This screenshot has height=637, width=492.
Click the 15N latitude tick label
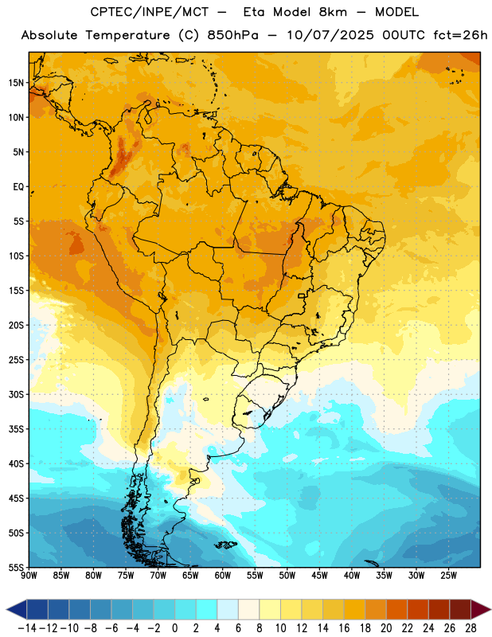click(x=16, y=83)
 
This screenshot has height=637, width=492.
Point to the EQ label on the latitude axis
click(x=18, y=187)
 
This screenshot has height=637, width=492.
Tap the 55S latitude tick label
click(x=16, y=567)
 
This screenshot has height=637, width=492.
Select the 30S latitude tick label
click(x=16, y=394)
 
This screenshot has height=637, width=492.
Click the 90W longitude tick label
click(x=29, y=576)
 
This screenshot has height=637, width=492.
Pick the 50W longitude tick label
click(x=287, y=576)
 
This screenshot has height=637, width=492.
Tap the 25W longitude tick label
click(x=448, y=576)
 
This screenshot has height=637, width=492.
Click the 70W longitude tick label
click(x=158, y=576)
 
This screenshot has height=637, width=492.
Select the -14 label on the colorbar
click(x=27, y=628)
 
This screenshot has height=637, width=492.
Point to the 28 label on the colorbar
click(x=471, y=628)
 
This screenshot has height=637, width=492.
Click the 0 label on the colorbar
click(x=174, y=628)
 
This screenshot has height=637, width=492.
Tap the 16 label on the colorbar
click(x=344, y=628)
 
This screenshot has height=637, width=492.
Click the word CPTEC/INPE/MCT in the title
click(x=150, y=12)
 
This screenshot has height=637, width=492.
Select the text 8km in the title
click(x=333, y=12)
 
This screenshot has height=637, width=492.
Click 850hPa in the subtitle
click(x=232, y=35)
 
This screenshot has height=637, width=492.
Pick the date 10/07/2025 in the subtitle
click(x=330, y=35)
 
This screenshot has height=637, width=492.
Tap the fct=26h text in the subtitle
click(x=460, y=35)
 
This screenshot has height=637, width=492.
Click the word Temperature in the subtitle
click(x=127, y=35)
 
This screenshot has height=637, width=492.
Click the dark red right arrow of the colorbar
click(x=481, y=609)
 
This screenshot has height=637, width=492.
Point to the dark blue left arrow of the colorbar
click(x=17, y=609)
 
